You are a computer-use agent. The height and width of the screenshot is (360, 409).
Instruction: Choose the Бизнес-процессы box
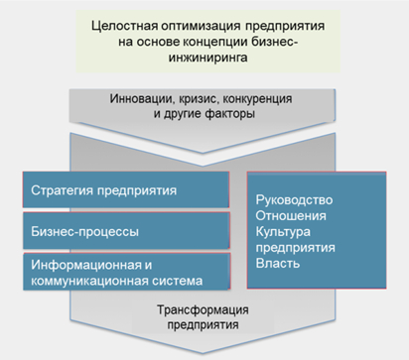click(125, 232)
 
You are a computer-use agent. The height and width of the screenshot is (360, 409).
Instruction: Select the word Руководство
click(294, 199)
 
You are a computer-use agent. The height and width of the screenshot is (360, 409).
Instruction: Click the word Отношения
click(290, 215)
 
